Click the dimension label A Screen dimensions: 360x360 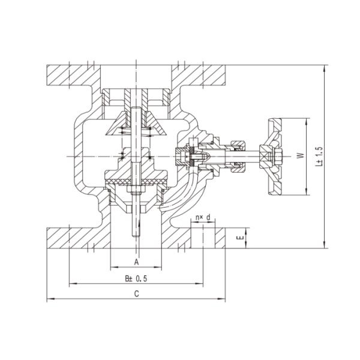click(x=137, y=262)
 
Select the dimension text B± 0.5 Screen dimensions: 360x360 click(x=136, y=279)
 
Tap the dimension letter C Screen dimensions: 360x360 click(x=137, y=293)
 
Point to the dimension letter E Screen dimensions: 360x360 click(x=241, y=238)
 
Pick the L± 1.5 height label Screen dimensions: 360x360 click(x=319, y=156)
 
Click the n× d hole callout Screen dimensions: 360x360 click(x=203, y=217)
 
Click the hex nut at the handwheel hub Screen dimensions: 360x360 click(x=278, y=157)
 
